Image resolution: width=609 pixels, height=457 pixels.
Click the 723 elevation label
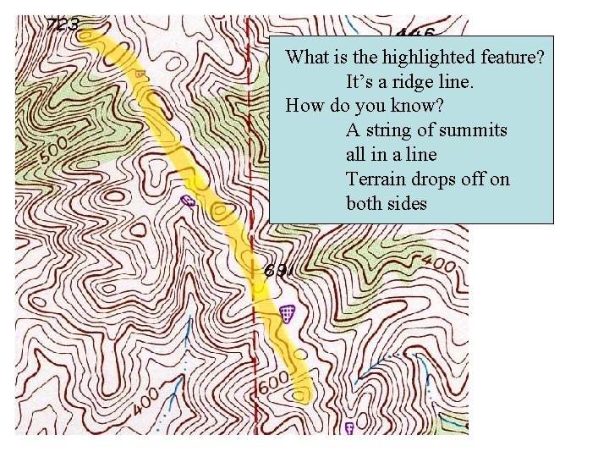point(63,25)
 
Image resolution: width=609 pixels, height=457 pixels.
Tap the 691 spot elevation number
point(278,271)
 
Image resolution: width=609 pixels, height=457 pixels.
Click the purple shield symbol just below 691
point(288,314)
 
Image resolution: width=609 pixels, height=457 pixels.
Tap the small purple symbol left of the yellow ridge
point(188,200)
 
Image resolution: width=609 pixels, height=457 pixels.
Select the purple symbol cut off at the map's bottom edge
point(348,429)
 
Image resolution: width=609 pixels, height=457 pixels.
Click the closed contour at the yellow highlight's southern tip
point(300,394)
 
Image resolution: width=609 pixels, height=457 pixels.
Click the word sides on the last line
point(407,204)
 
